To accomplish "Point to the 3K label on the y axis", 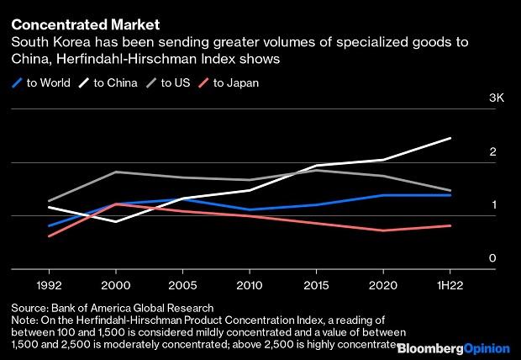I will click(x=496, y=99).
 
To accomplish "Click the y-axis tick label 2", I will click(x=493, y=152).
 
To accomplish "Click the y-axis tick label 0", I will click(x=493, y=259).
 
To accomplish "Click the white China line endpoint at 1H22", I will click(x=451, y=138).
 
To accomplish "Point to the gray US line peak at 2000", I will click(x=115, y=172).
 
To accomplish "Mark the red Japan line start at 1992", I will click(x=49, y=236).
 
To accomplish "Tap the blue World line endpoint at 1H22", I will click(x=451, y=195).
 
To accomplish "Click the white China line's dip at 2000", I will click(x=115, y=221).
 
